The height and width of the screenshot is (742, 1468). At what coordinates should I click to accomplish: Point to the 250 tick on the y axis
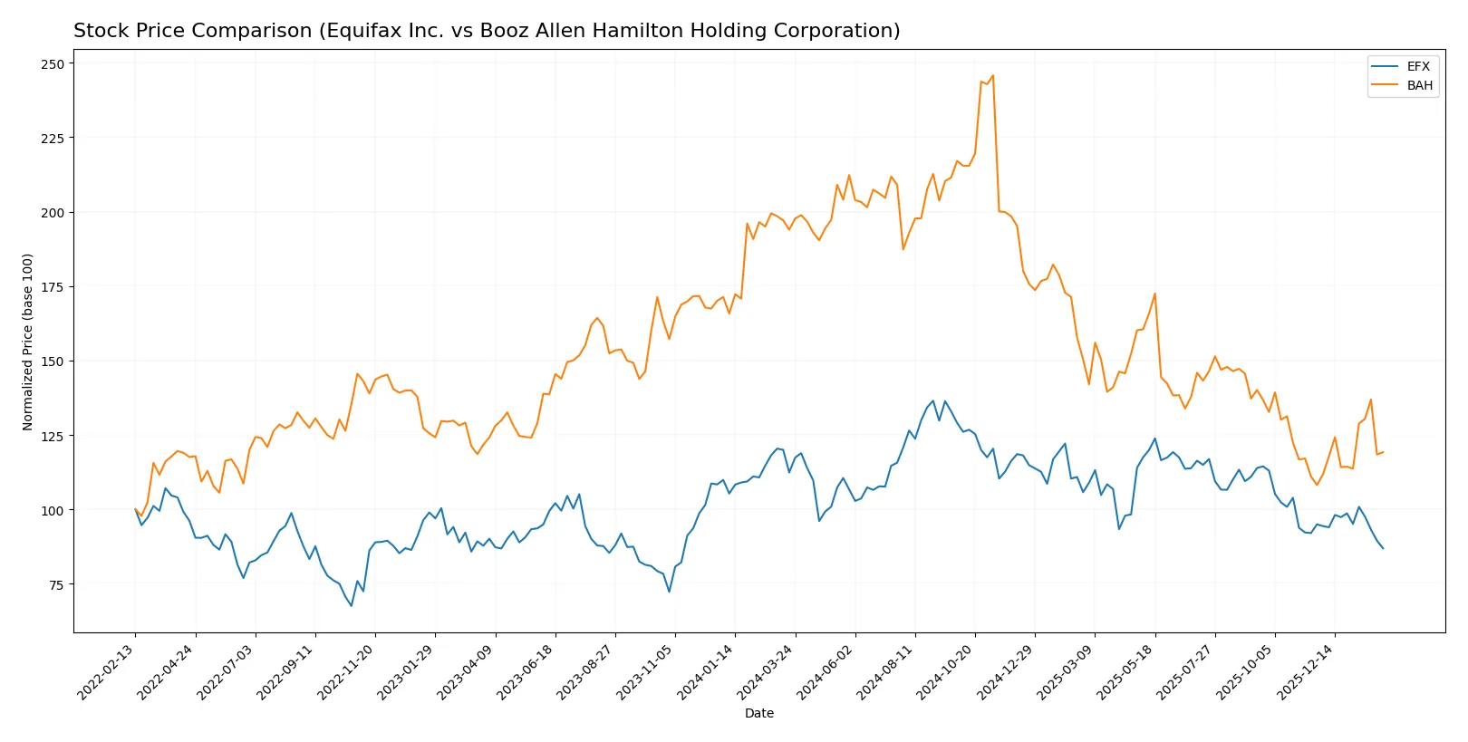(x=53, y=64)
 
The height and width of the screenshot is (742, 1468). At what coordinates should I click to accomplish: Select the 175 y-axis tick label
(x=53, y=287)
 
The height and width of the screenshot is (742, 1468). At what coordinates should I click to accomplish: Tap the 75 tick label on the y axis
(x=55, y=584)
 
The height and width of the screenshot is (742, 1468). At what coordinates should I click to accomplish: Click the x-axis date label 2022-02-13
(x=107, y=672)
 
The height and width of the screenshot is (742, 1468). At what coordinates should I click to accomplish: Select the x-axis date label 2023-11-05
(x=646, y=672)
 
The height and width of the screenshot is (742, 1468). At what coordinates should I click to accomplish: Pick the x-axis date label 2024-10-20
(x=946, y=672)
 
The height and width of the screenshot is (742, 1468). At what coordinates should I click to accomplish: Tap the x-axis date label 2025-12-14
(x=1306, y=672)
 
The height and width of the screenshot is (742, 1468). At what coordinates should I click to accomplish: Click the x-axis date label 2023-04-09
(x=467, y=672)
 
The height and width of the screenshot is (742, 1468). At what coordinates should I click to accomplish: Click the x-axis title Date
(x=758, y=714)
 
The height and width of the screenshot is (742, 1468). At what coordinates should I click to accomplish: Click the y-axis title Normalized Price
(x=28, y=342)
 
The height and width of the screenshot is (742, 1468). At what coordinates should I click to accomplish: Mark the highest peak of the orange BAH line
(x=992, y=75)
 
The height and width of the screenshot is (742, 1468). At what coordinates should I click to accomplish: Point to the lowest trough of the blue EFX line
(x=352, y=605)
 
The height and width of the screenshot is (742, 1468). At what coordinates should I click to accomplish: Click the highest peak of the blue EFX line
(x=933, y=400)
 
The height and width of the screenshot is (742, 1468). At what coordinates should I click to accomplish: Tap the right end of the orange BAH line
(x=1383, y=452)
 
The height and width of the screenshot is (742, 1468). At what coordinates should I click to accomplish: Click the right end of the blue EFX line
(x=1383, y=548)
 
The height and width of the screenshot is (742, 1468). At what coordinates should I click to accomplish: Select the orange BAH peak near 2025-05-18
(x=1154, y=294)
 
